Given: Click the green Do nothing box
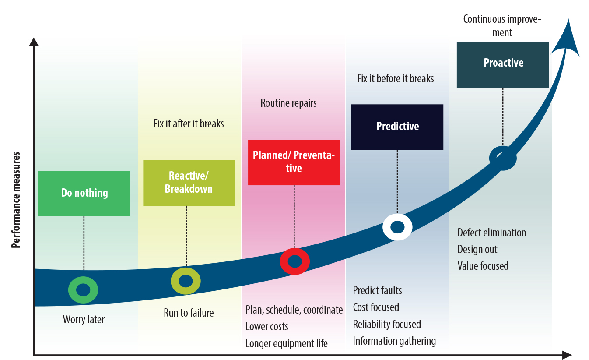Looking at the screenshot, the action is (84, 194).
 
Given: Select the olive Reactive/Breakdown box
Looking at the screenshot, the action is (189, 183).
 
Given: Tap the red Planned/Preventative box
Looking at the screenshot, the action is (294, 162).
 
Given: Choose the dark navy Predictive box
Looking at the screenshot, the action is (397, 127).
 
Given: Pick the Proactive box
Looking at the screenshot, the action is (502, 65).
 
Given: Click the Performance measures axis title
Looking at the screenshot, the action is (16, 200).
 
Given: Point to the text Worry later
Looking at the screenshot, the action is (84, 319).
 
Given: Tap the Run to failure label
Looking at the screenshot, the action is (189, 313).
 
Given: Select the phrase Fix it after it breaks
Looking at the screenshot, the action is (189, 124).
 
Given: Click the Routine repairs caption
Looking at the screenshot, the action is (288, 103).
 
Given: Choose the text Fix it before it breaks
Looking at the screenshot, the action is (395, 78).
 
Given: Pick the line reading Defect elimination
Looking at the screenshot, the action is (492, 233).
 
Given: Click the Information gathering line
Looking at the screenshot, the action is (394, 341).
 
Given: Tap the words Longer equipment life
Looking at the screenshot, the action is (286, 344).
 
